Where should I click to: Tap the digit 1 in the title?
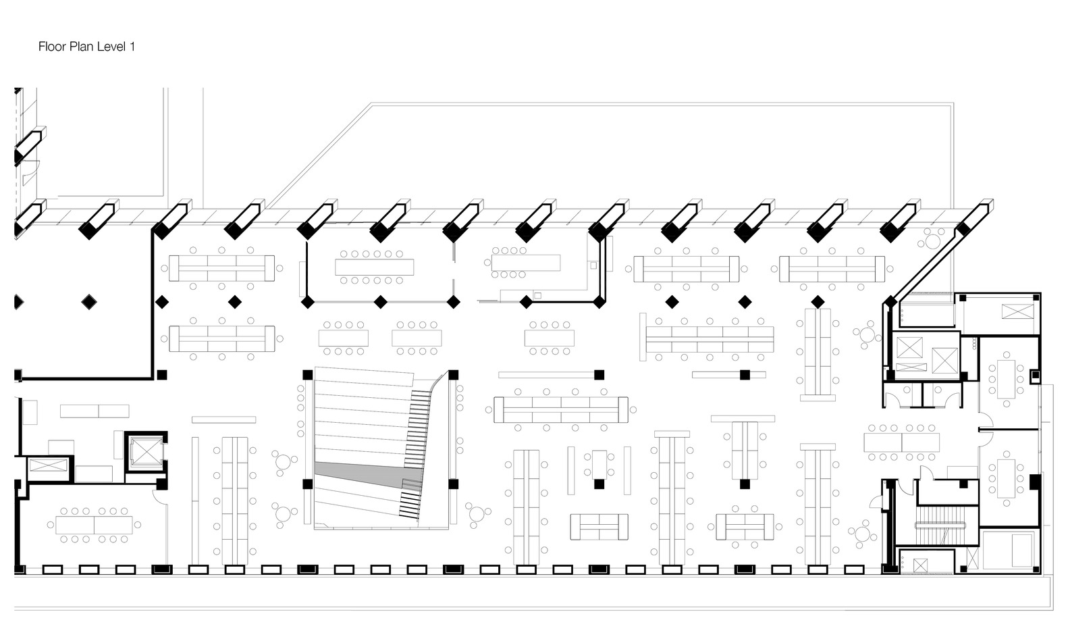click(x=132, y=46)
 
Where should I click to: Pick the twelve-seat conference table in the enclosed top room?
click(x=374, y=267)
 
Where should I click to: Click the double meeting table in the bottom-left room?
click(x=94, y=525)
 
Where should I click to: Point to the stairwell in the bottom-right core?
click(x=939, y=525)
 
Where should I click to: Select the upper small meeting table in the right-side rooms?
click(x=1006, y=379)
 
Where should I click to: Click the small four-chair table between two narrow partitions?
click(x=599, y=465)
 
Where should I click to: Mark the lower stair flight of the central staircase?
click(x=410, y=498)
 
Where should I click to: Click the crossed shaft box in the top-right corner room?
click(x=1017, y=311)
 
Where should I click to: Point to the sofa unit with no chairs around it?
click(x=599, y=527)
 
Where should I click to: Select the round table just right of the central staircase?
click(x=477, y=513)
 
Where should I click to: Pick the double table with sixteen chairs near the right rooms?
click(x=902, y=442)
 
